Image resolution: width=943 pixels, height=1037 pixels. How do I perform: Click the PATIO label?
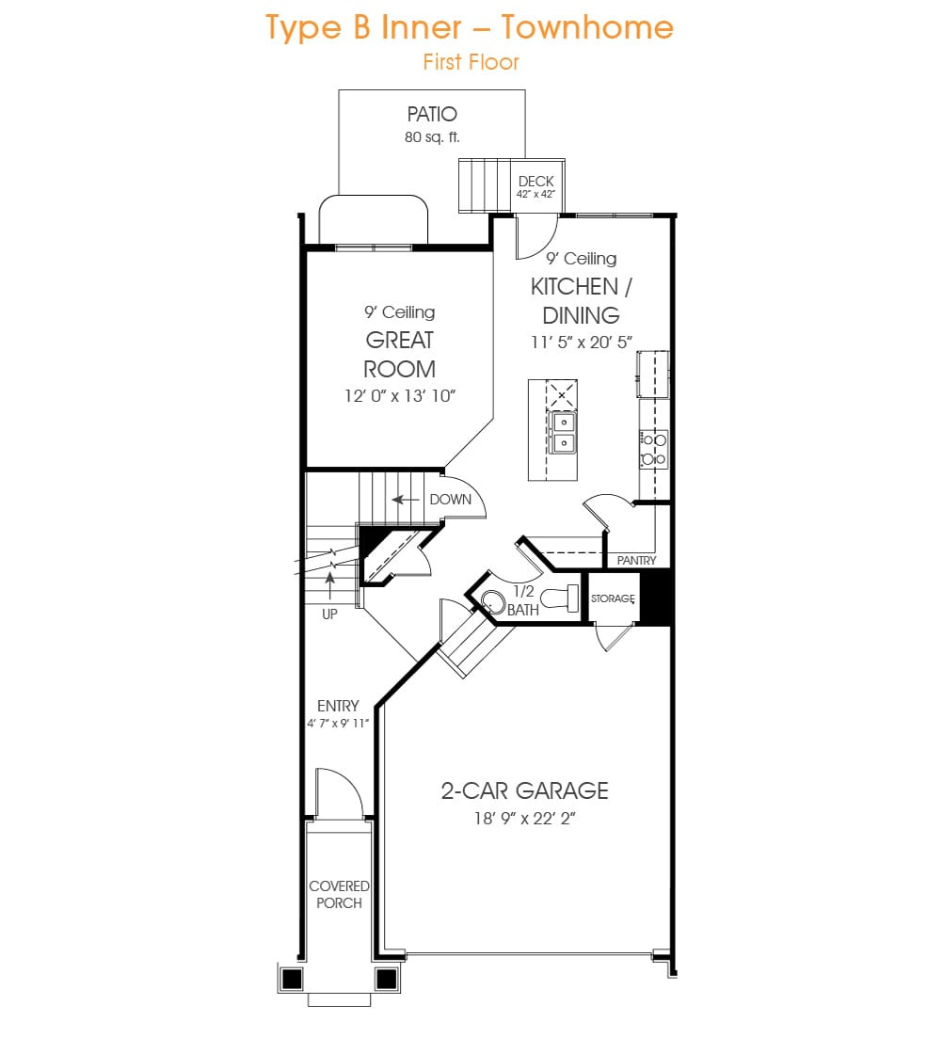coord(432,115)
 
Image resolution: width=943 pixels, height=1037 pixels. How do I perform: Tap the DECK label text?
coord(535,182)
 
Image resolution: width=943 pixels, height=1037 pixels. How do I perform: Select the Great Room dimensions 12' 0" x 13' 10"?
coord(400,396)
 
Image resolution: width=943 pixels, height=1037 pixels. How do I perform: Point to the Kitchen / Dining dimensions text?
coord(582,342)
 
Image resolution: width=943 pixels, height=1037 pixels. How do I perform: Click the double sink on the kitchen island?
coord(563,432)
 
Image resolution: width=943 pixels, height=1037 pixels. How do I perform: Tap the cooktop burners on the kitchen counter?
coord(654,449)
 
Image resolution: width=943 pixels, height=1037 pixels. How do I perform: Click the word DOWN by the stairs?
coord(451,500)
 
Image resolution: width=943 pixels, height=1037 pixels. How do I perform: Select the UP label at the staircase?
coord(329,614)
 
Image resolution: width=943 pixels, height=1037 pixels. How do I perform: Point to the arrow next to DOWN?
coord(406,500)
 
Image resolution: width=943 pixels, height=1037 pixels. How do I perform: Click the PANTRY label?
coord(637,560)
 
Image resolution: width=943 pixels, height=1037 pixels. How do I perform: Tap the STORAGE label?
coord(613,598)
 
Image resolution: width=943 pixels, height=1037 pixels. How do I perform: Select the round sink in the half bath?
coord(492,601)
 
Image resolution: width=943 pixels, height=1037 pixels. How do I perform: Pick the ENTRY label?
coord(338,706)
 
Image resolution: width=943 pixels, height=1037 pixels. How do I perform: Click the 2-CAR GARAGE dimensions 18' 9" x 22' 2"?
coord(524,819)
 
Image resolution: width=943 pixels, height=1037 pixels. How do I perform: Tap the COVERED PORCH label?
coord(339,894)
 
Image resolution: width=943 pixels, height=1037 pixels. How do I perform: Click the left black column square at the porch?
coord(292,978)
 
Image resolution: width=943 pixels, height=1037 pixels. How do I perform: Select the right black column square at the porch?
coord(386,978)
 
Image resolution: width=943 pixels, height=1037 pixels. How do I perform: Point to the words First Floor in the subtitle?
coord(471,62)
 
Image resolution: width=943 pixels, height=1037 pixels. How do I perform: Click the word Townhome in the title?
coord(587,28)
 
